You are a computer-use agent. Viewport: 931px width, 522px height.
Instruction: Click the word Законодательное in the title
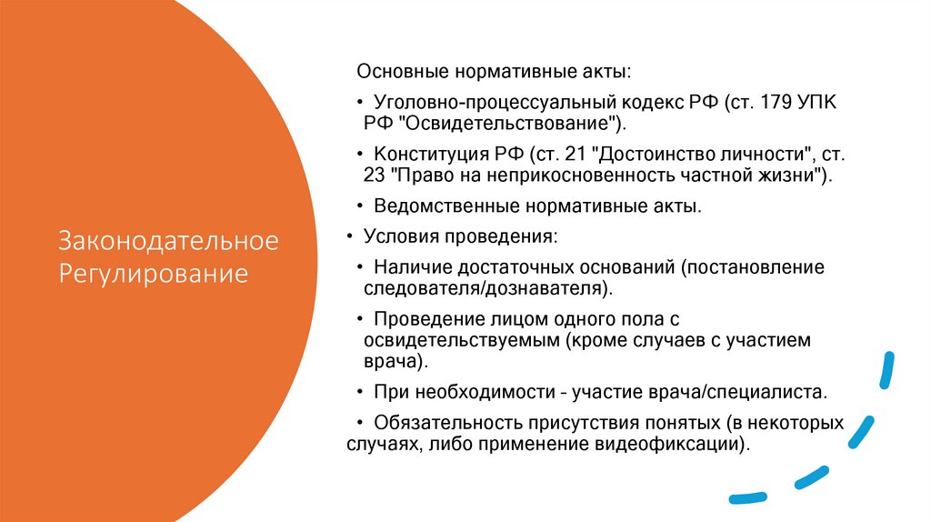pos(168,242)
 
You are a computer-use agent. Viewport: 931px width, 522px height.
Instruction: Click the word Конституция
pos(425,153)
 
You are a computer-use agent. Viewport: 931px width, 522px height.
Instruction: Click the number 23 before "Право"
pos(372,175)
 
